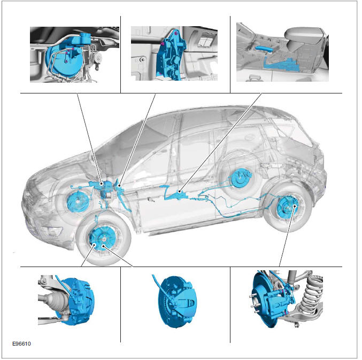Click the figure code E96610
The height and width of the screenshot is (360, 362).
coord(21,343)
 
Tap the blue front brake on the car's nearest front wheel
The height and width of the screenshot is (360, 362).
coord(102,239)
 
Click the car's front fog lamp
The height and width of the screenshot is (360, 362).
coord(52,231)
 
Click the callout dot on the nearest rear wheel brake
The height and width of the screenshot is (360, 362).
coord(294,206)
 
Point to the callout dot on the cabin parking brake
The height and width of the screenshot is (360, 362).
coord(179,191)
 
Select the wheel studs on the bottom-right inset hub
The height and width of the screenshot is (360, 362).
coord(254,304)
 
